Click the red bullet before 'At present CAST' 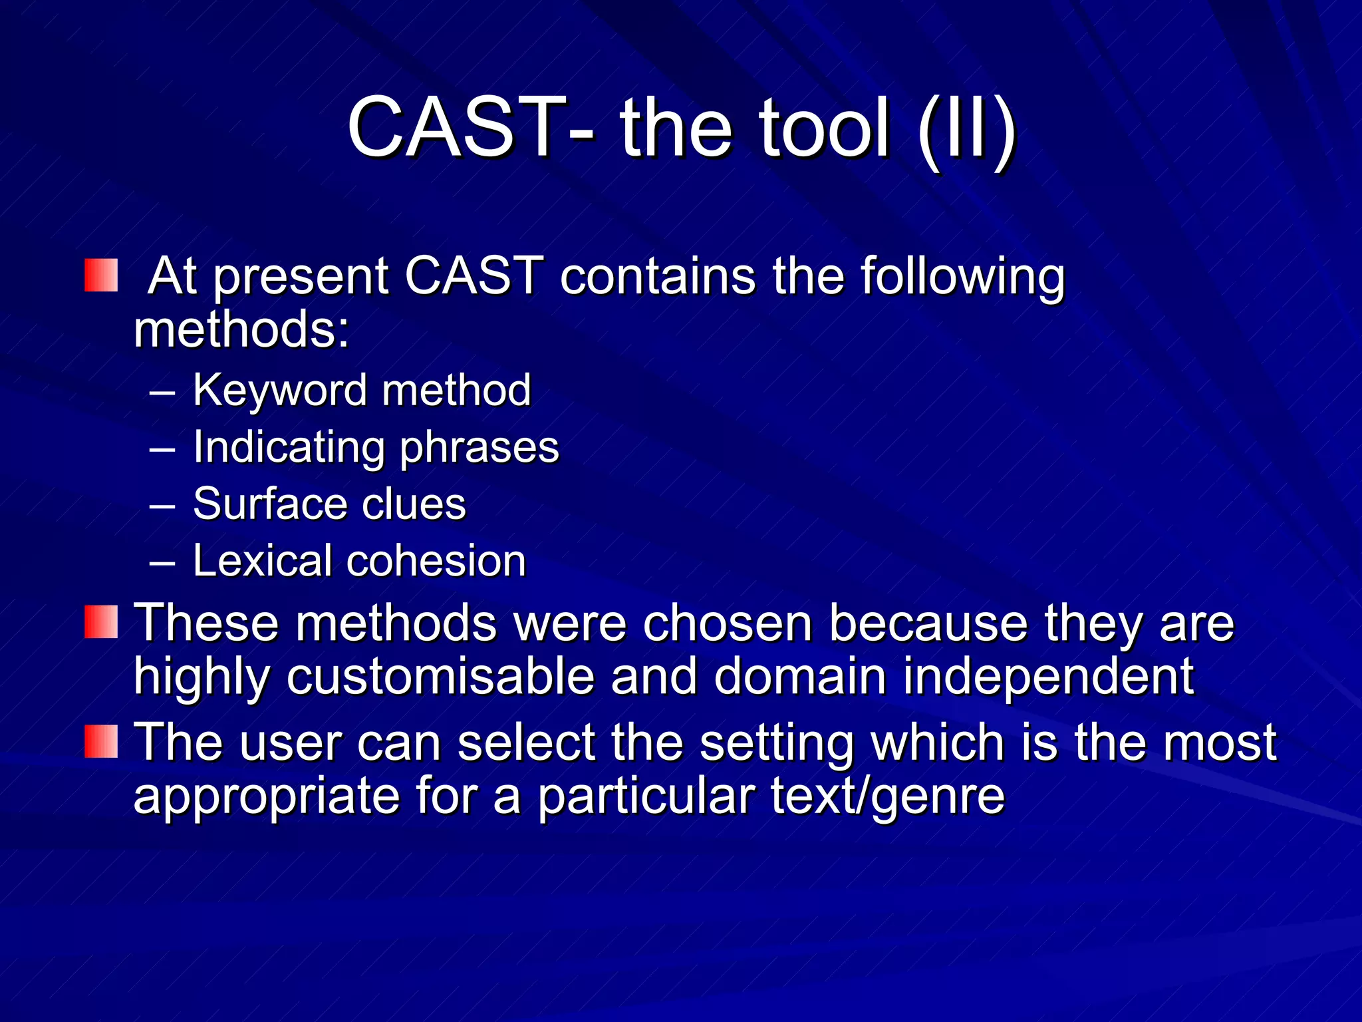101,275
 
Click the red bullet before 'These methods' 101,622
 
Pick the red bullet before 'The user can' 101,742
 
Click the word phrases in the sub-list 479,448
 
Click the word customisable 440,677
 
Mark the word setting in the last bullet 776,743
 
